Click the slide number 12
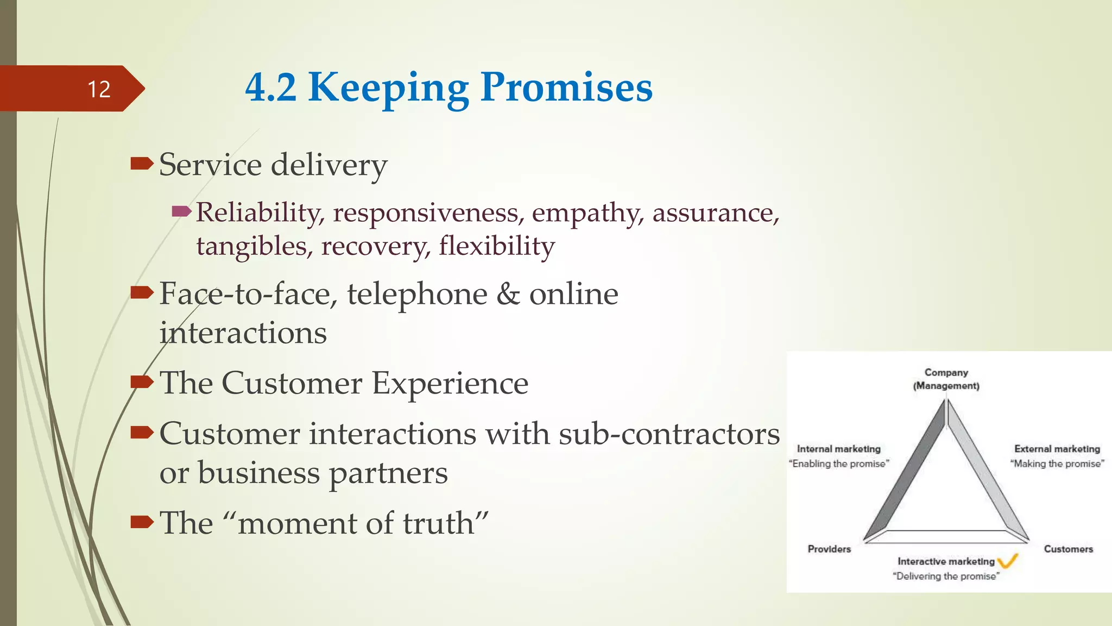99,89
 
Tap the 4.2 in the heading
270,88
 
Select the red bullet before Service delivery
142,163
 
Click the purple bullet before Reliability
181,211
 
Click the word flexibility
497,246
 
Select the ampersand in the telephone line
508,294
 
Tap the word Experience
450,383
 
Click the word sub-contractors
669,434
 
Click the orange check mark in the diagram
1008,560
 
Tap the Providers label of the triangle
829,549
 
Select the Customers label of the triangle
1068,549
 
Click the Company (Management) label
946,379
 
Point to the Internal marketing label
838,449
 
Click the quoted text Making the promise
1057,464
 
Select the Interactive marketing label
946,561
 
